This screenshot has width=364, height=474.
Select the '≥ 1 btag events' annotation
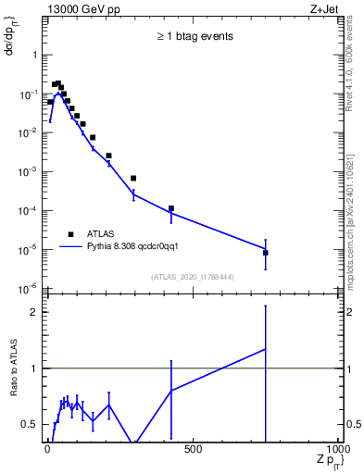194,36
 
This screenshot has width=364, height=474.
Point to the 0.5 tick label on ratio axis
30,424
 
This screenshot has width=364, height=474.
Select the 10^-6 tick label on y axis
28,288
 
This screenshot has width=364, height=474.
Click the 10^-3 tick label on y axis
28,171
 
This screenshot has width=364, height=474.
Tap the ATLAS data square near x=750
265,253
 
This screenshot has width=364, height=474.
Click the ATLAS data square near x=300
133,178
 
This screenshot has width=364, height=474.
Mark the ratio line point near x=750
265,349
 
